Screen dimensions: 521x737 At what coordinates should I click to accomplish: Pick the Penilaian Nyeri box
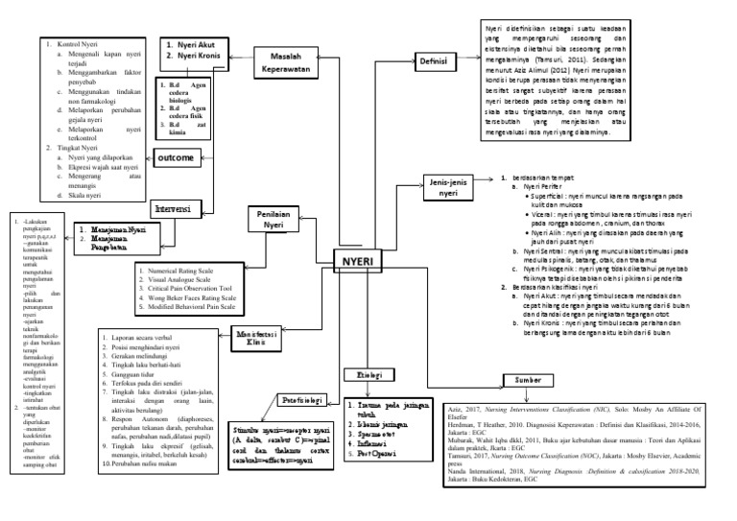tap(270, 219)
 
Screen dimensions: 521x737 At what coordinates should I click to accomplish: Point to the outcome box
tap(176, 156)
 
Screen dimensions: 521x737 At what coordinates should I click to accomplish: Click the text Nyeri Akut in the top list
tap(195, 45)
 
